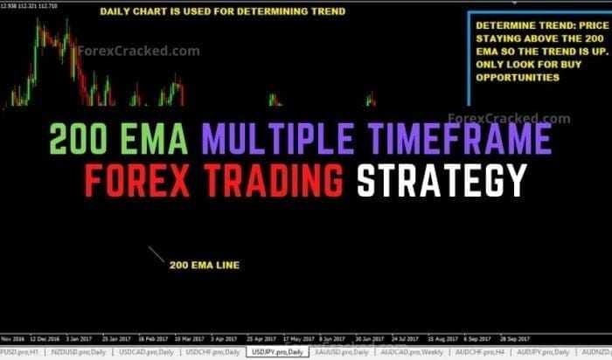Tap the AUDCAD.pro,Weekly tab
click(407, 351)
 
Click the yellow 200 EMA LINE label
click(205, 264)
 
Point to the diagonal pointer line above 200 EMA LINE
click(156, 255)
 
